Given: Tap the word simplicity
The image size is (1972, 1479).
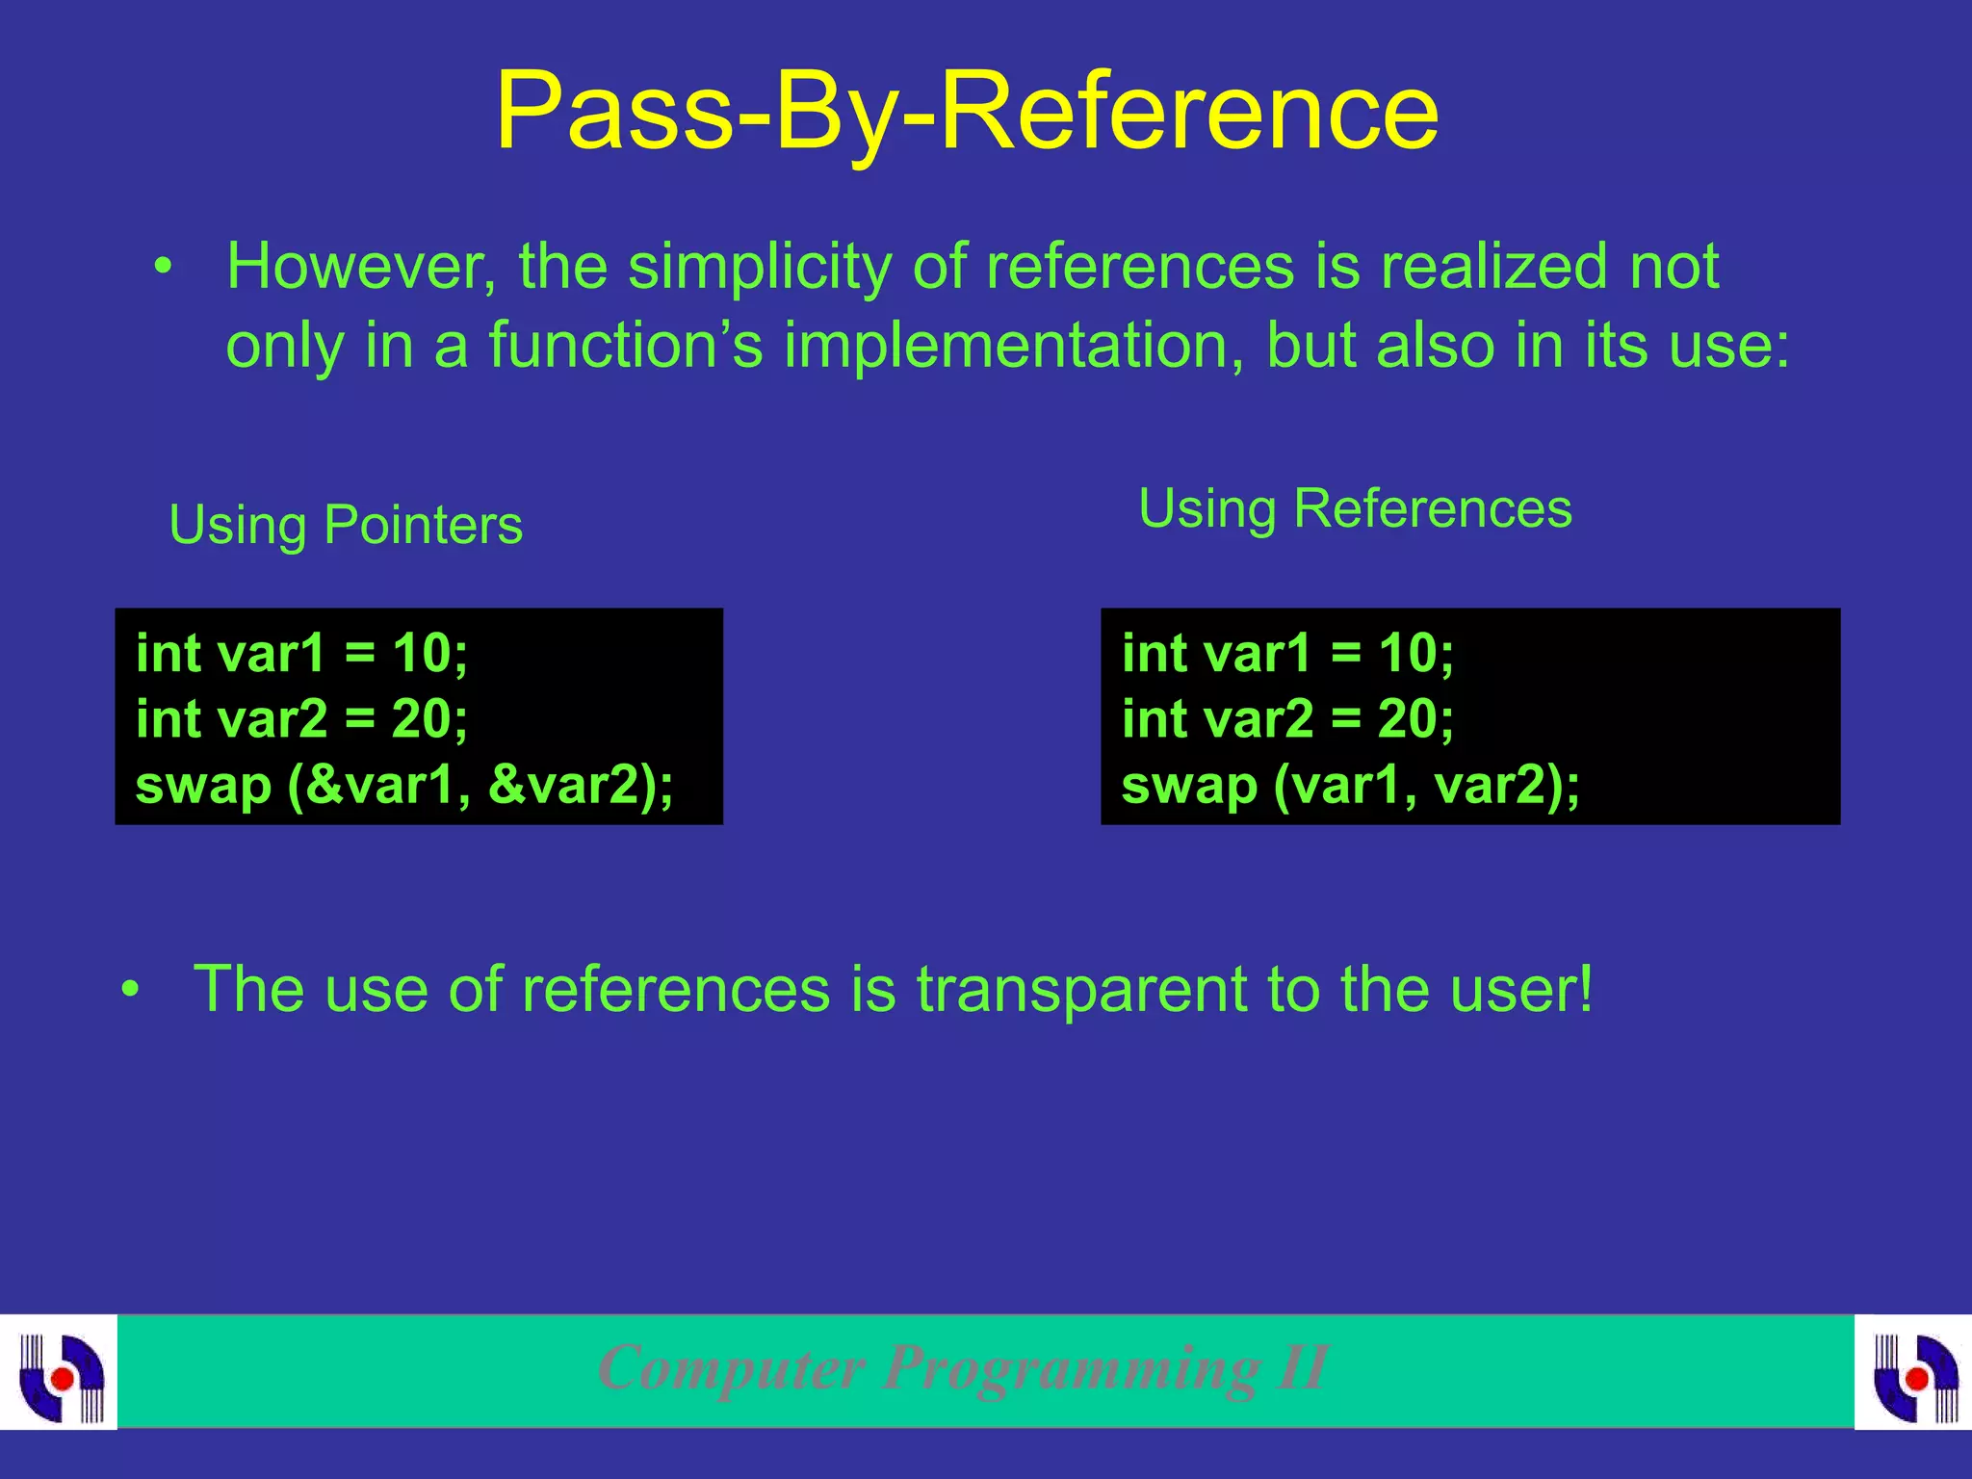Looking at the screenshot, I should (760, 267).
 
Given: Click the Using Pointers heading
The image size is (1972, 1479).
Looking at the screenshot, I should (346, 526).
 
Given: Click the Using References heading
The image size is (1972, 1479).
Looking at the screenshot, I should (1355, 508).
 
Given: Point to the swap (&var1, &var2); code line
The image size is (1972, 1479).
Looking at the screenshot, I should (404, 784).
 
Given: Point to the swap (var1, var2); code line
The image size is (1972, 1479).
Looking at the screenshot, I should (1350, 784).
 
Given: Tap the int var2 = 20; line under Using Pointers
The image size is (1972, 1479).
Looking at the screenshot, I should (301, 719).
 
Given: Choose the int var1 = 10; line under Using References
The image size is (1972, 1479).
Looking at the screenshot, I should (1287, 654).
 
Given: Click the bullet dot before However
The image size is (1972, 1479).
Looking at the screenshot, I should (165, 267).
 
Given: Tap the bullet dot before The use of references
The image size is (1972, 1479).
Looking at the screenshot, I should (131, 989).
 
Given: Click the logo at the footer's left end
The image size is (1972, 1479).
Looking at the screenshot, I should (60, 1373).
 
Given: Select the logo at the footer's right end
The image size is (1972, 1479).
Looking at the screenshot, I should (1914, 1373).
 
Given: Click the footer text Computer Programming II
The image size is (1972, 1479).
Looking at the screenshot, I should (963, 1368).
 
